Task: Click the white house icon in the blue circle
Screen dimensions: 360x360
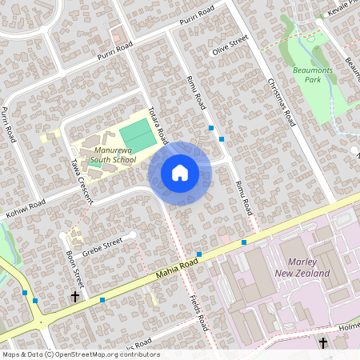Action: click(x=180, y=173)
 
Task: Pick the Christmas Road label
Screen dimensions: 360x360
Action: click(x=282, y=103)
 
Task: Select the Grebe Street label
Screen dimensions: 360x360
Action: click(x=102, y=240)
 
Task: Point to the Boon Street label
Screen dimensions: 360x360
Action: click(x=75, y=266)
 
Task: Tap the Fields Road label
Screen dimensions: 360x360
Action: click(x=199, y=310)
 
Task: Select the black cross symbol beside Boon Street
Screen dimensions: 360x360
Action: click(x=75, y=297)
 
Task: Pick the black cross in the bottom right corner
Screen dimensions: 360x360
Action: click(x=323, y=343)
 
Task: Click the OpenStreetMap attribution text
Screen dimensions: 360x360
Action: click(x=81, y=354)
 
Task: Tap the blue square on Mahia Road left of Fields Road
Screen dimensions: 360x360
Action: click(x=199, y=255)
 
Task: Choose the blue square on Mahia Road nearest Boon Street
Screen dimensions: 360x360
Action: click(x=102, y=300)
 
